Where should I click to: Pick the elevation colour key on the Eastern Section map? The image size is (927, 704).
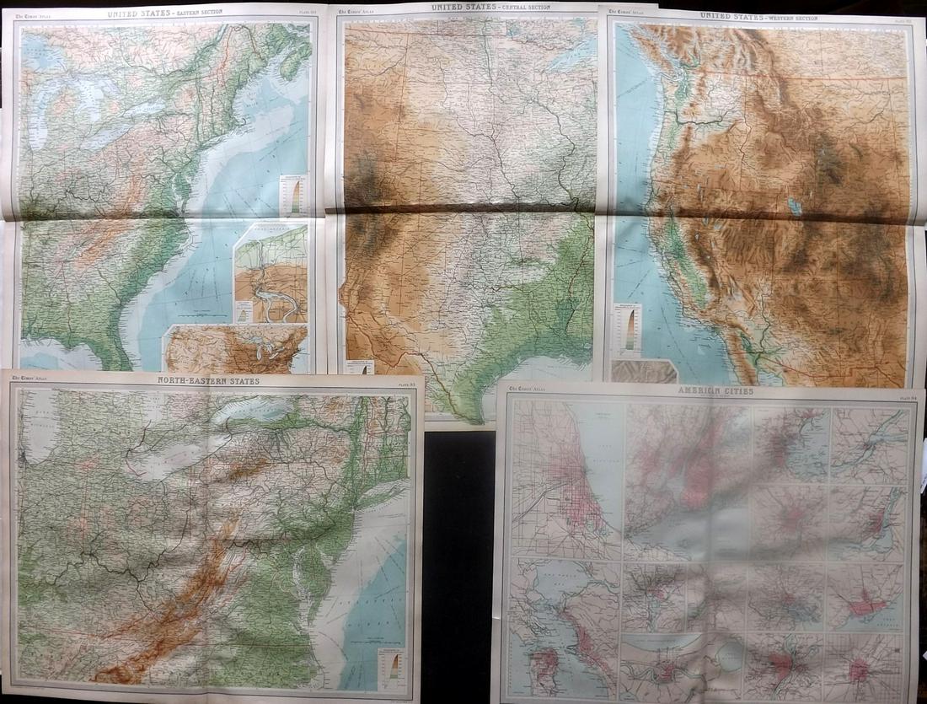294,194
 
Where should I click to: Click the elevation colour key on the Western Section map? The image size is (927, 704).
629,328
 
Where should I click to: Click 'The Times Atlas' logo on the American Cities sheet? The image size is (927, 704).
527,393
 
